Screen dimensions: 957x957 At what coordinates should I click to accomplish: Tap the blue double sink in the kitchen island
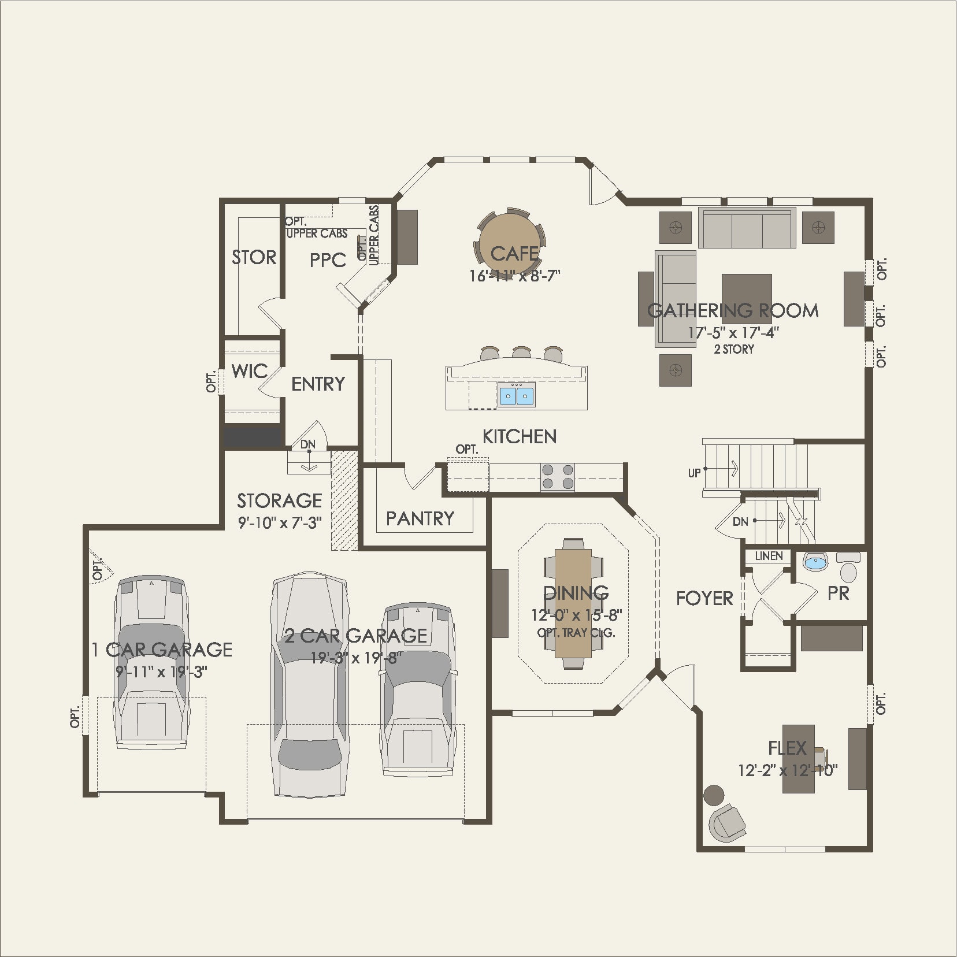point(516,395)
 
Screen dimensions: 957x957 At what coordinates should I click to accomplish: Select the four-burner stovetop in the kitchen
point(558,477)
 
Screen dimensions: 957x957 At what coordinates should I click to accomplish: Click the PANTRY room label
point(420,518)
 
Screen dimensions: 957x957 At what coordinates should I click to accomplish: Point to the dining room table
point(574,601)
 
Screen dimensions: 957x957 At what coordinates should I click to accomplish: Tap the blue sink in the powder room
point(815,562)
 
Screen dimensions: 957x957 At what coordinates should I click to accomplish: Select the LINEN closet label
point(769,556)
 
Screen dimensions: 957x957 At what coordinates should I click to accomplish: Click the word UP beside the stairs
point(695,473)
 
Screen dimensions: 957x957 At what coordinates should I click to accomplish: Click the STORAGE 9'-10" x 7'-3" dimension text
point(280,523)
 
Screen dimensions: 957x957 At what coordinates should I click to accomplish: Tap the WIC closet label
point(250,371)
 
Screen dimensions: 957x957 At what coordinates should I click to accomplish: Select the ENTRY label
point(318,384)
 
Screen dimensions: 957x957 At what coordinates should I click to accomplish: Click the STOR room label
point(254,257)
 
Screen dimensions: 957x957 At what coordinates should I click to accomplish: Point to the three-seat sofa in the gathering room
point(747,228)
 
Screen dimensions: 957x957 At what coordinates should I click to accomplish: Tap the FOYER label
point(704,598)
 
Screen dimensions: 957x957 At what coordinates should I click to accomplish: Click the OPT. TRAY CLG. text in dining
point(576,632)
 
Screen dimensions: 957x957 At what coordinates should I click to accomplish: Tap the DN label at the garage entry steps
point(308,444)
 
